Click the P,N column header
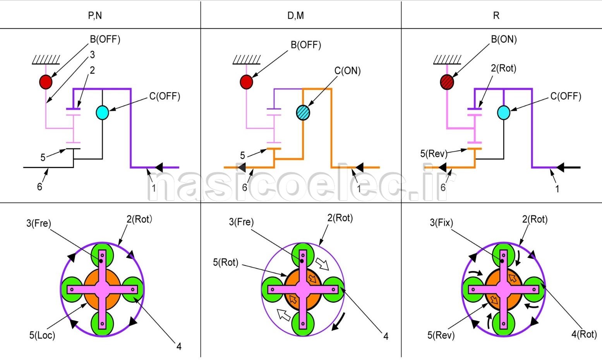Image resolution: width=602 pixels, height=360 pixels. (x=95, y=15)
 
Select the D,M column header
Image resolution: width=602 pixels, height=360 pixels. (x=296, y=15)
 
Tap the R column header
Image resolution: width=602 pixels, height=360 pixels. (x=496, y=15)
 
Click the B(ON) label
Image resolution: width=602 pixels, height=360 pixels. (x=504, y=39)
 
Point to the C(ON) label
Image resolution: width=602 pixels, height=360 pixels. (x=347, y=71)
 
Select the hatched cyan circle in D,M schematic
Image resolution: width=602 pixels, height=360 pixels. (x=303, y=113)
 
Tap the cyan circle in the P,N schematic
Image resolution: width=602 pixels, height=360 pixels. (x=102, y=112)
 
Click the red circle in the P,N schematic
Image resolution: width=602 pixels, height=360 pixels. (x=46, y=82)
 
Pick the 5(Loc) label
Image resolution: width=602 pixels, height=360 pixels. (x=42, y=335)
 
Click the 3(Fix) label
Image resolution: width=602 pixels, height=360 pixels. (x=441, y=223)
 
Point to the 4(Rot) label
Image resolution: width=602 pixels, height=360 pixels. (x=584, y=334)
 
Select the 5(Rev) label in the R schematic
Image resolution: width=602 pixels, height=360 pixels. (x=434, y=154)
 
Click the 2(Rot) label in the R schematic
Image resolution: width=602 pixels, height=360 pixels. (x=503, y=69)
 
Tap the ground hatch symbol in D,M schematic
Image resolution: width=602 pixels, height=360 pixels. (x=247, y=60)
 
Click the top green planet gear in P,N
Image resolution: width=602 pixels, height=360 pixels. (x=102, y=254)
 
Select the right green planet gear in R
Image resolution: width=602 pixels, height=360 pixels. (x=534, y=289)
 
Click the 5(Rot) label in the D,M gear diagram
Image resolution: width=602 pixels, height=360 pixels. (x=225, y=262)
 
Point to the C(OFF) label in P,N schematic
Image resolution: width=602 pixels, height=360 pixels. (x=165, y=96)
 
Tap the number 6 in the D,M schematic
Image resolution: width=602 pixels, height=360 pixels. (x=245, y=188)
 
